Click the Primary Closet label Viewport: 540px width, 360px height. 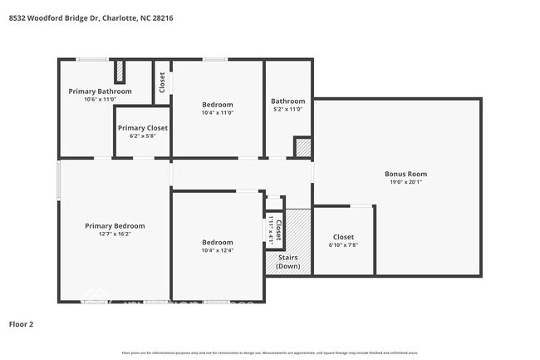[142, 128]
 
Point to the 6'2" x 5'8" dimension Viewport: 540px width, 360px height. [142, 136]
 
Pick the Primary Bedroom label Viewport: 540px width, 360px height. [115, 225]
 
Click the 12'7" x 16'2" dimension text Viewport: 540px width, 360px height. [115, 234]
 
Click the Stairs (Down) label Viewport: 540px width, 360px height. [287, 262]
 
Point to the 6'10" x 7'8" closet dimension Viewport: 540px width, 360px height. [344, 245]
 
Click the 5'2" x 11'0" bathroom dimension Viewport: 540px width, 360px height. [287, 109]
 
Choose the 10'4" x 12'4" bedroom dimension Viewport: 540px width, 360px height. [217, 250]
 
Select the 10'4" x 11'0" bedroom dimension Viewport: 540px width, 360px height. [217, 113]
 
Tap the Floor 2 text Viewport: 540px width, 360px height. [21, 323]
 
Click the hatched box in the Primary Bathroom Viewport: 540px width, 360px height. [120, 71]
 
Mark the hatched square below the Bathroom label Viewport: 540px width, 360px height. [303, 148]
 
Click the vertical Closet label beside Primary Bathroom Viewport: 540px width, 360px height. [162, 81]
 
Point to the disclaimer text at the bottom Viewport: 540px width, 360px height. [270, 353]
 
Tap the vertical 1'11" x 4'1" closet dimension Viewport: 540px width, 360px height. [272, 225]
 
